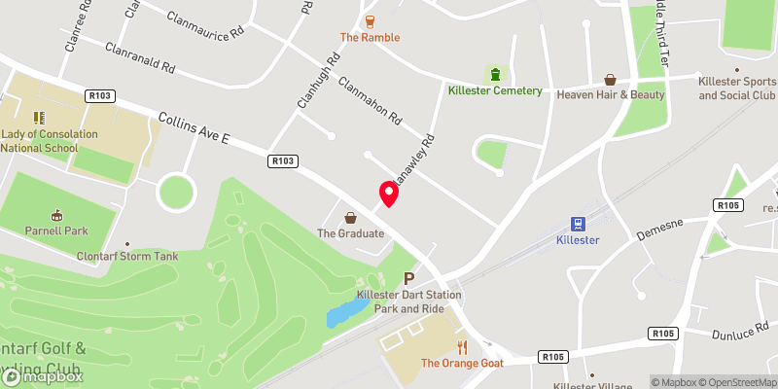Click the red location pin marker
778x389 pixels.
click(389, 194)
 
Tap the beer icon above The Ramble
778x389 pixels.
click(370, 20)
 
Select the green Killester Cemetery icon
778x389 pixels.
click(496, 74)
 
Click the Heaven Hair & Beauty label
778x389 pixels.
click(610, 94)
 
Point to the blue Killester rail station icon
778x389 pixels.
click(577, 223)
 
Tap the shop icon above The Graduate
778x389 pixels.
click(351, 216)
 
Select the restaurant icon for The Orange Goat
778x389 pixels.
click(463, 346)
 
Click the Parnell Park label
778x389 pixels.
click(56, 232)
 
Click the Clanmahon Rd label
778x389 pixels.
click(371, 100)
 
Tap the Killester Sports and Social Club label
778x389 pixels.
click(736, 88)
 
